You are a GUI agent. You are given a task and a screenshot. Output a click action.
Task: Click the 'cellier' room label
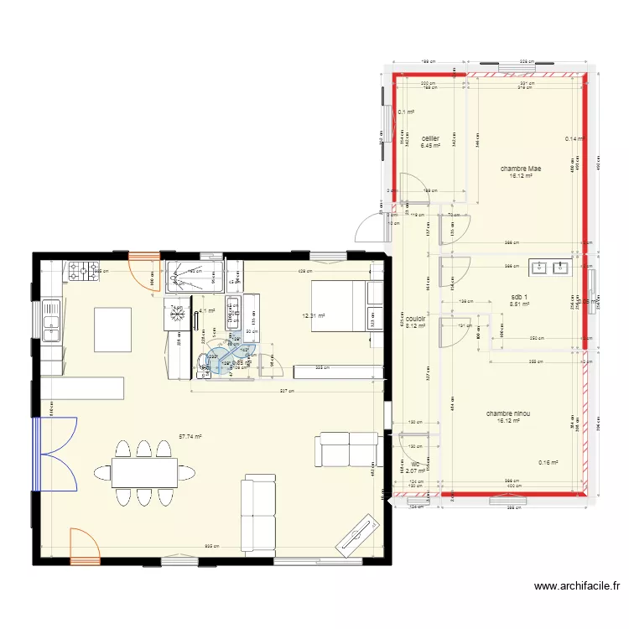coord(431,138)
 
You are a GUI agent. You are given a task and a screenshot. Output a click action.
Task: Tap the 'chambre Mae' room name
coord(521,169)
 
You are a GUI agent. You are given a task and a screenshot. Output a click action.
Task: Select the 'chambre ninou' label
coord(507,413)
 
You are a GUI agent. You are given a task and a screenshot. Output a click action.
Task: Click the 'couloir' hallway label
coord(416,319)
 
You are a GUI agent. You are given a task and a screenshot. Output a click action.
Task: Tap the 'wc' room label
coord(415,462)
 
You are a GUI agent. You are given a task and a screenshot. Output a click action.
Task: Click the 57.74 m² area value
coord(190,436)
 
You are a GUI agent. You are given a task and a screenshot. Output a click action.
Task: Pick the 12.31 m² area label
coord(314,316)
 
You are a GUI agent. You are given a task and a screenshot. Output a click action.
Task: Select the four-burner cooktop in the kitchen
coord(82,270)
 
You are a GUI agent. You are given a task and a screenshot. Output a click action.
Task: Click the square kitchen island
coord(113,330)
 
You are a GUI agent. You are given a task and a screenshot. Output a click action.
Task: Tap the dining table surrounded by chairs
coord(143,473)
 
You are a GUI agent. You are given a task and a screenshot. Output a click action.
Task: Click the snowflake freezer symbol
coord(177,313)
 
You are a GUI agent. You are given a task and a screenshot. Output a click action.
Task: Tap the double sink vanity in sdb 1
coord(549,268)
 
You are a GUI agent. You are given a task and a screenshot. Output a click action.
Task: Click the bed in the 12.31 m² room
coord(340,306)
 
